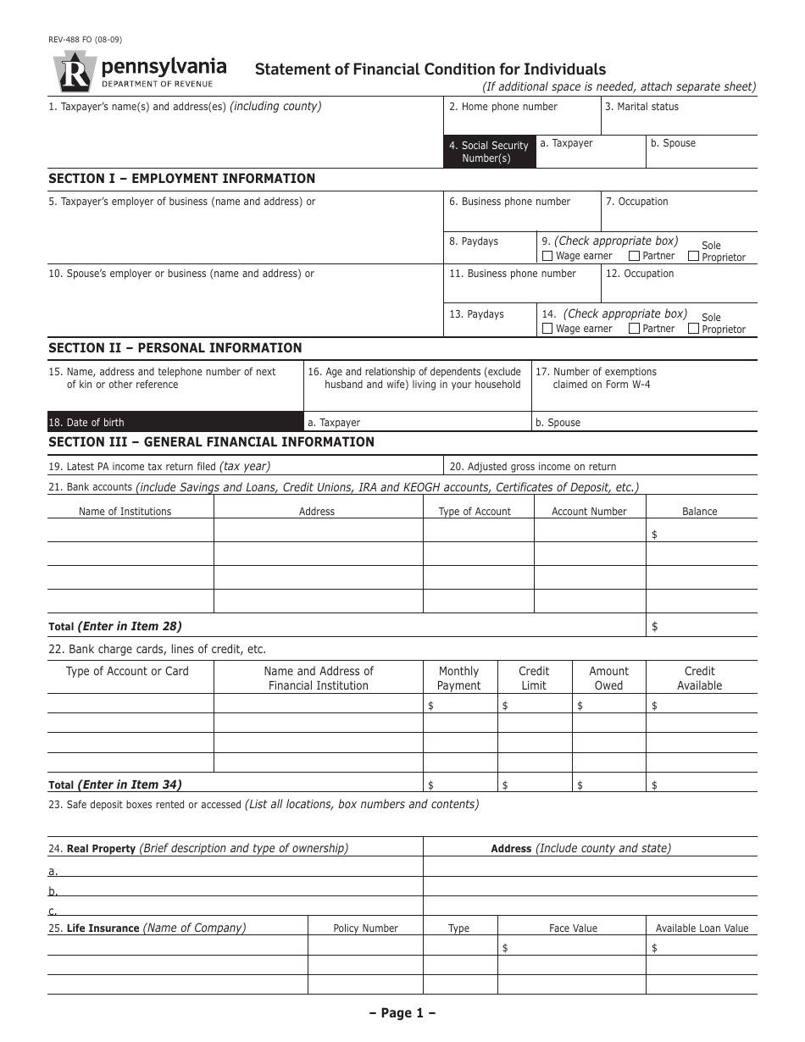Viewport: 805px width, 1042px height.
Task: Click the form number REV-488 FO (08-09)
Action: coord(85,39)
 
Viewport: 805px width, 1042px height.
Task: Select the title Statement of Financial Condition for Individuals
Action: coord(430,69)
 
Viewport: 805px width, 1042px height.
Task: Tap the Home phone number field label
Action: coord(503,107)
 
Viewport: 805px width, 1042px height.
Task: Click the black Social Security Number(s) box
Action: coord(490,152)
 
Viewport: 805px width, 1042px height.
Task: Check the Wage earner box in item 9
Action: coord(547,256)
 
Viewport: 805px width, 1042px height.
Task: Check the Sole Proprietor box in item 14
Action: coord(694,328)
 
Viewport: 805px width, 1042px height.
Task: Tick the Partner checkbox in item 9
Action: coord(634,256)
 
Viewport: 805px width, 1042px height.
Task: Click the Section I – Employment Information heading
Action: coord(181,179)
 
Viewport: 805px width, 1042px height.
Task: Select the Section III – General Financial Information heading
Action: coord(211,442)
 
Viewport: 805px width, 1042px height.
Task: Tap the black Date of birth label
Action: coord(175,422)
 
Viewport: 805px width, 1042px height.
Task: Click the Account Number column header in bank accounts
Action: coord(589,512)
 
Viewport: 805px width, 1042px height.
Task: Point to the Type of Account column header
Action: coord(475,512)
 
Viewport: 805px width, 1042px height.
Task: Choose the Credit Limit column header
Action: coord(534,678)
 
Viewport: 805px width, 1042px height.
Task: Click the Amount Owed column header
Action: coord(608,678)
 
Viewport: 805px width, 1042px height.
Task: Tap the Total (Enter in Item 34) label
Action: coord(115,785)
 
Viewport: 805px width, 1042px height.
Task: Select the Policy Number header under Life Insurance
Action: coord(365,928)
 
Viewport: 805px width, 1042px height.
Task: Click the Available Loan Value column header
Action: coord(702,928)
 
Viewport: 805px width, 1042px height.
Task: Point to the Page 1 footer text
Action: coord(402,1013)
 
